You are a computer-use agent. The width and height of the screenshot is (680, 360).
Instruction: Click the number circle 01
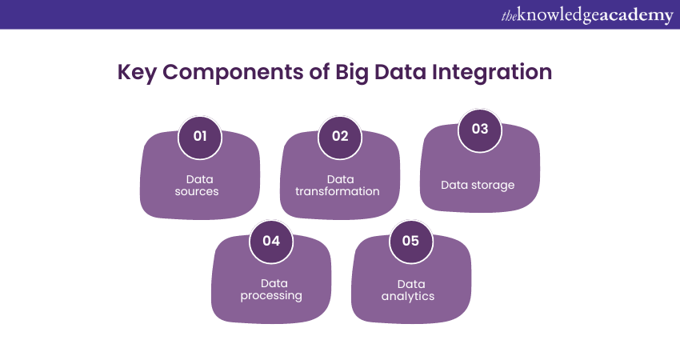pyautogui.click(x=200, y=136)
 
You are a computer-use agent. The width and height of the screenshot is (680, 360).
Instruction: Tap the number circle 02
pyautogui.click(x=340, y=136)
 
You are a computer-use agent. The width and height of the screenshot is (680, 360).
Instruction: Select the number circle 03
pyautogui.click(x=480, y=129)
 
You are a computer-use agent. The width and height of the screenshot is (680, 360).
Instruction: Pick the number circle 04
pyautogui.click(x=271, y=240)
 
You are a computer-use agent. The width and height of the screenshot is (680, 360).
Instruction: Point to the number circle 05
pyautogui.click(x=410, y=240)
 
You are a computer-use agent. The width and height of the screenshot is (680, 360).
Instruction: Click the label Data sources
pyautogui.click(x=197, y=186)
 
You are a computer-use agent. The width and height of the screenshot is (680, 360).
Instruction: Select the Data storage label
pyautogui.click(x=478, y=185)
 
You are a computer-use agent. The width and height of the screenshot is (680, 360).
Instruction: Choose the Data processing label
pyautogui.click(x=272, y=289)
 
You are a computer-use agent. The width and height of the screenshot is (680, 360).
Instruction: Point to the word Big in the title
pyautogui.click(x=370, y=72)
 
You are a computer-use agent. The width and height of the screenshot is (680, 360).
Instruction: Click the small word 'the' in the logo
pyautogui.click(x=510, y=15)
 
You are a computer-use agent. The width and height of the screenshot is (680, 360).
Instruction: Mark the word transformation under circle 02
pyautogui.click(x=338, y=191)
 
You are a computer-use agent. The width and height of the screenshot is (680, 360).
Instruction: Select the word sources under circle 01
pyautogui.click(x=197, y=191)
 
